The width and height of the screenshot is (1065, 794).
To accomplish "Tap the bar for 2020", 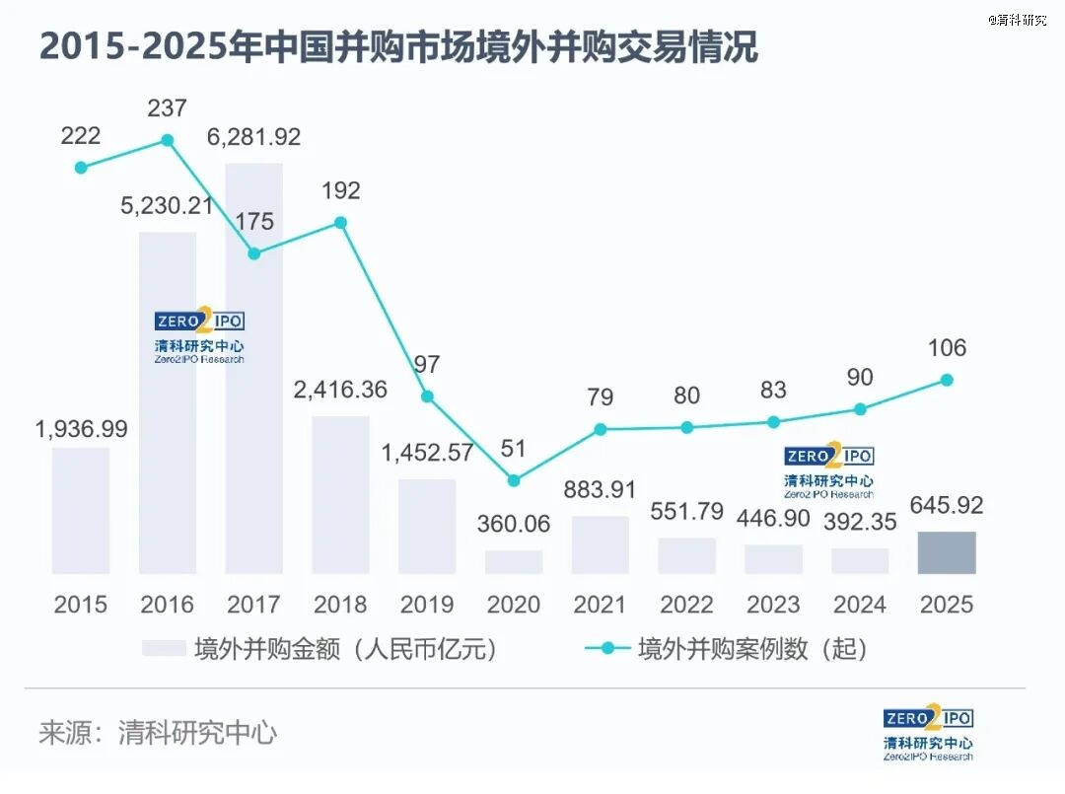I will click(x=514, y=562).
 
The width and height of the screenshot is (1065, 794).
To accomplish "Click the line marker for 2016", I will click(x=168, y=140).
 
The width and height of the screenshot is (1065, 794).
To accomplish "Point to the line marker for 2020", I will click(x=514, y=480).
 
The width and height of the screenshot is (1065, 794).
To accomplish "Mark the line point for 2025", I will click(x=947, y=380).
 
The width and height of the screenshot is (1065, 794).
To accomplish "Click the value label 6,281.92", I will click(x=253, y=137).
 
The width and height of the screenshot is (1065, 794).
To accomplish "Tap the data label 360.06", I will click(x=514, y=524).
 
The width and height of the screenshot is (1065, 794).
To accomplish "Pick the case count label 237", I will click(x=168, y=108).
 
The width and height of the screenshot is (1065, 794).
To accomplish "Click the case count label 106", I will click(x=947, y=347).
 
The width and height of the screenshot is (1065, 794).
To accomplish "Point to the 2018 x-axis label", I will click(x=340, y=604).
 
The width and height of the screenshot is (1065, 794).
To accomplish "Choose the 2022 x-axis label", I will click(x=686, y=604).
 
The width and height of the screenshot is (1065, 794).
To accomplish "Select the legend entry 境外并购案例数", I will click(x=728, y=649).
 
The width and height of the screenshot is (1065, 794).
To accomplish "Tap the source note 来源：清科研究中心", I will click(x=158, y=733).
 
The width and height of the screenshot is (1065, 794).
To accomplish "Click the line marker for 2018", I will click(x=340, y=222).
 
